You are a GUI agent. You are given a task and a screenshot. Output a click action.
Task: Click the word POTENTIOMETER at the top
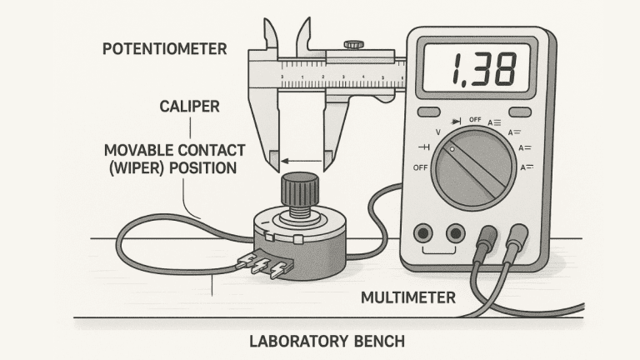164,49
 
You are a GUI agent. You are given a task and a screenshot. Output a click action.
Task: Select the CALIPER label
191,107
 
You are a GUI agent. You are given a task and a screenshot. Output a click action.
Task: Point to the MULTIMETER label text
408,296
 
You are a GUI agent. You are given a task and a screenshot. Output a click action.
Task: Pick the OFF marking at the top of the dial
476,119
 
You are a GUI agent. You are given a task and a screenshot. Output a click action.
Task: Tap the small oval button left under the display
428,112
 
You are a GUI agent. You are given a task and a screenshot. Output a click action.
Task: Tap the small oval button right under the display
519,112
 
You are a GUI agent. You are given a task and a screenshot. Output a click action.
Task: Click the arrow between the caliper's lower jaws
301,159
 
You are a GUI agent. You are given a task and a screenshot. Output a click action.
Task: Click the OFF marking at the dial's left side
420,167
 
